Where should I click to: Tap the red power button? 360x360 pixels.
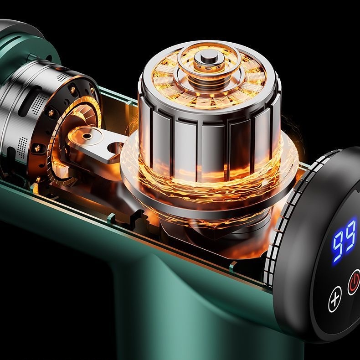[354, 282]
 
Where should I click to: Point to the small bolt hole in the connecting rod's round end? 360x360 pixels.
[86, 136]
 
